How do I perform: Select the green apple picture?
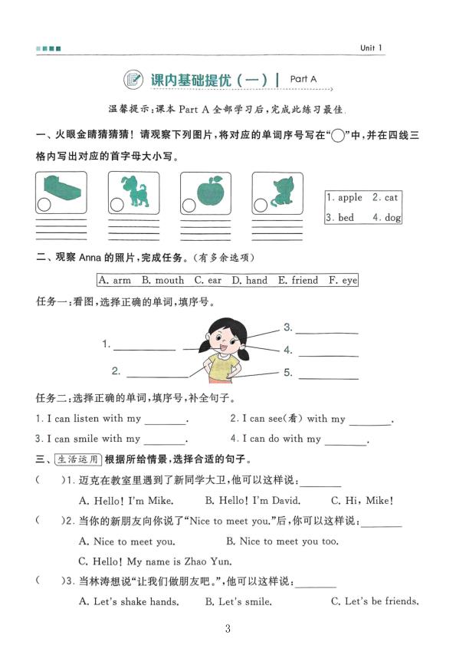208,190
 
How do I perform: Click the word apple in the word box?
344,198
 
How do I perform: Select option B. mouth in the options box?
163,281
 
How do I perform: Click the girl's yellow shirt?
222,367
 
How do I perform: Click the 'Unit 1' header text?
371,48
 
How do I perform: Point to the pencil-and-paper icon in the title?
133,79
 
